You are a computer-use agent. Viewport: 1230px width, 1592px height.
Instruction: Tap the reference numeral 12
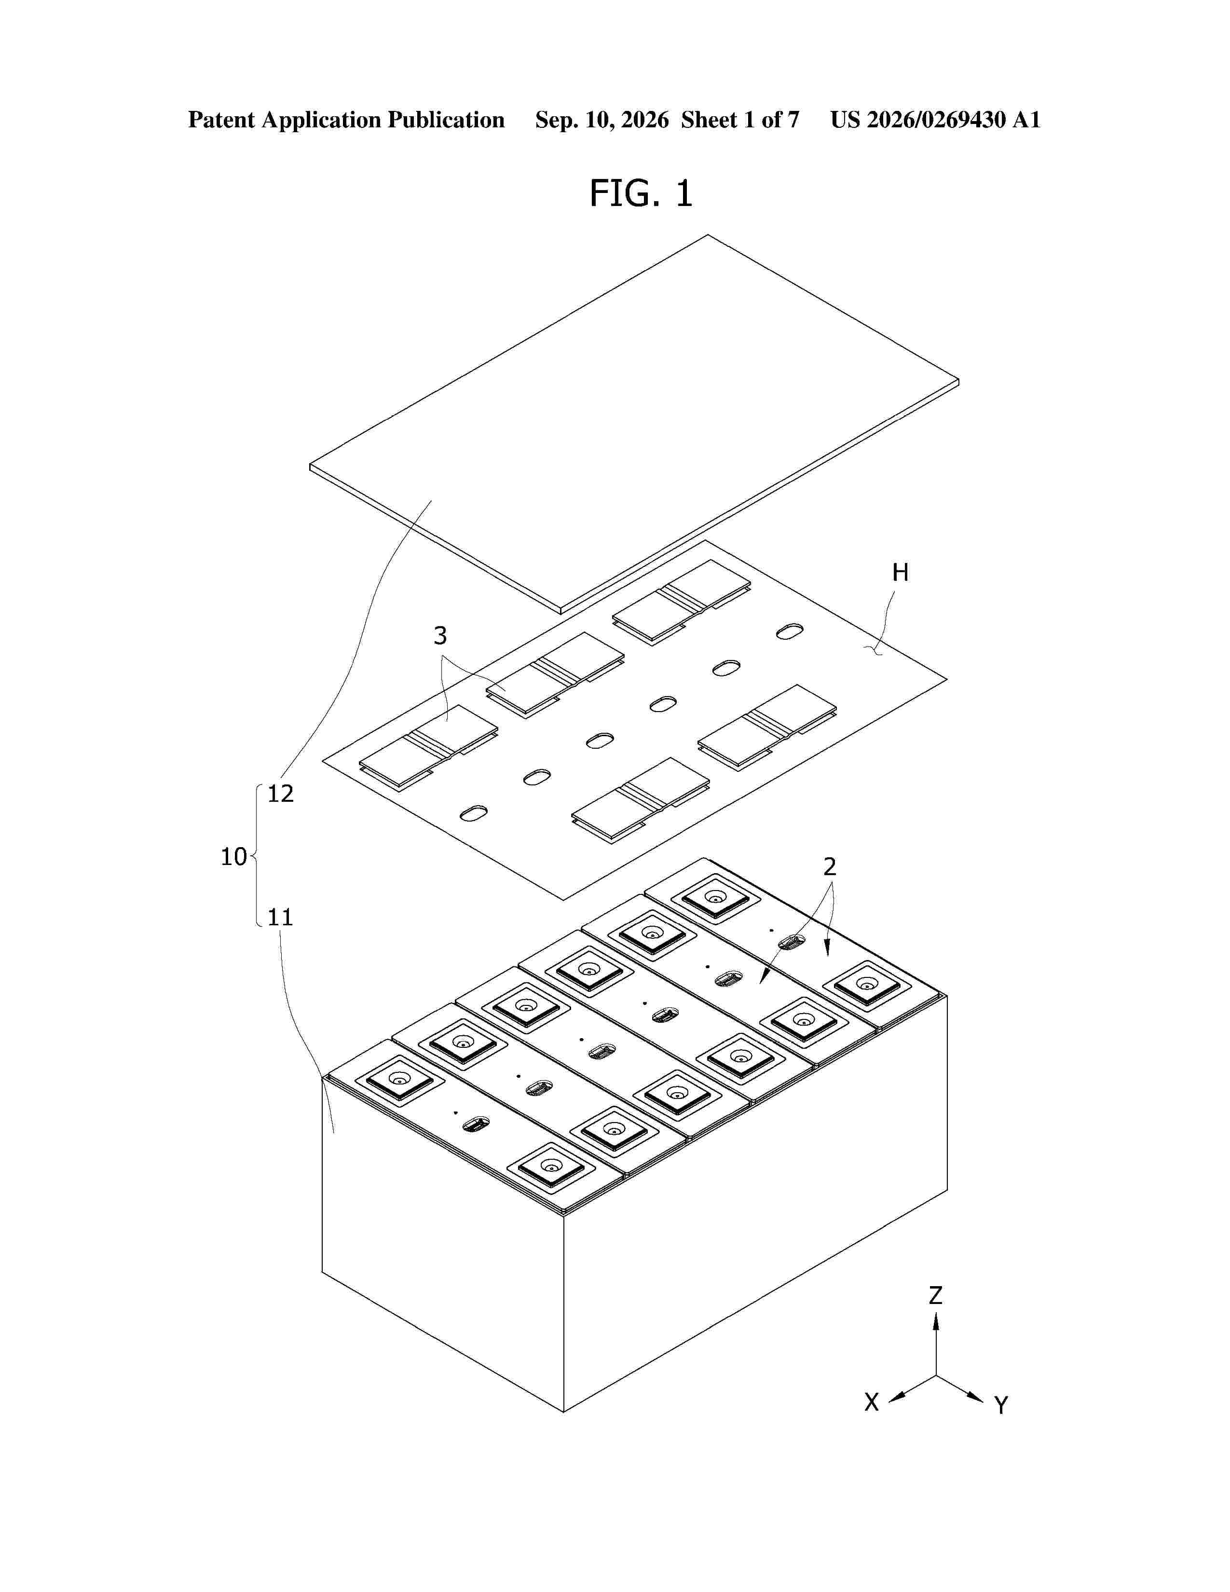pos(281,793)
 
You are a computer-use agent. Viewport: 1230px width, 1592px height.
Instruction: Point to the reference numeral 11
pos(281,917)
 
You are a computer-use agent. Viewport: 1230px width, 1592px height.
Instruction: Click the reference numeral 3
pos(440,636)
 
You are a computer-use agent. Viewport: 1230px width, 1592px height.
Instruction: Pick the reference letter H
pos(901,573)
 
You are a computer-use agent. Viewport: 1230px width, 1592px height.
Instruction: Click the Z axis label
pos(936,1295)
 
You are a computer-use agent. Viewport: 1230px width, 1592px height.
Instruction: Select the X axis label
pos(872,1402)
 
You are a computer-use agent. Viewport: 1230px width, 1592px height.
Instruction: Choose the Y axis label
pos(1001,1405)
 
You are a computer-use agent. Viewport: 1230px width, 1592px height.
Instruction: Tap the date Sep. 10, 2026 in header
pos(602,120)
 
